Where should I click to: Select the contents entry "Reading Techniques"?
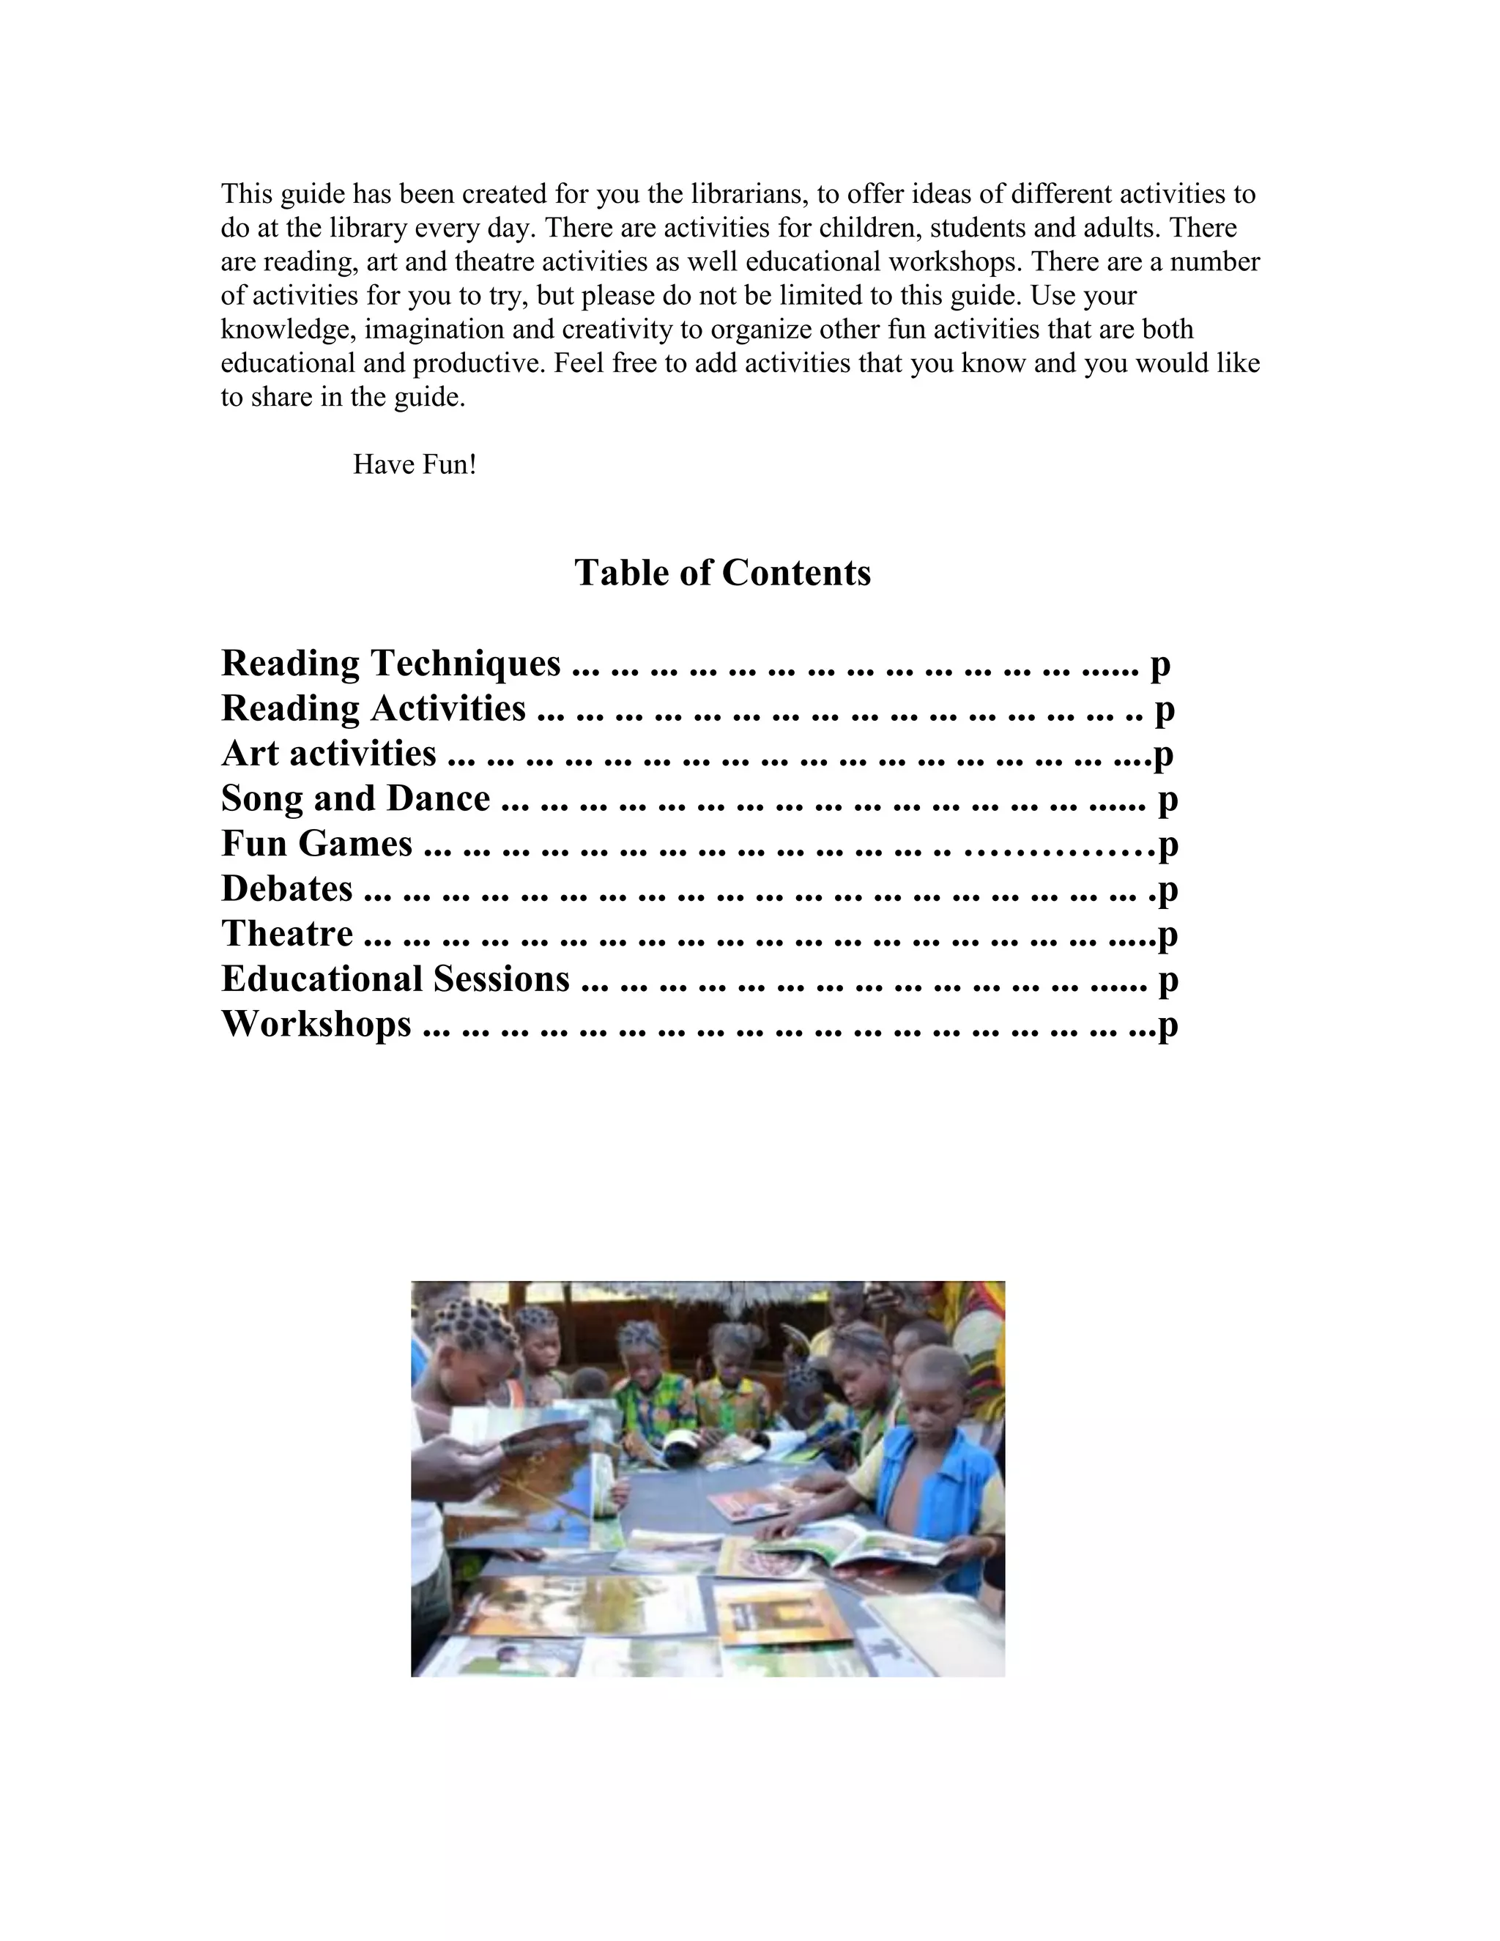[390, 664]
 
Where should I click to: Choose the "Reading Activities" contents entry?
[374, 709]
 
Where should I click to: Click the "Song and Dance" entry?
[354, 799]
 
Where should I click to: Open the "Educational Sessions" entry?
[395, 979]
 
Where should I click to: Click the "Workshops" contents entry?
[316, 1025]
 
